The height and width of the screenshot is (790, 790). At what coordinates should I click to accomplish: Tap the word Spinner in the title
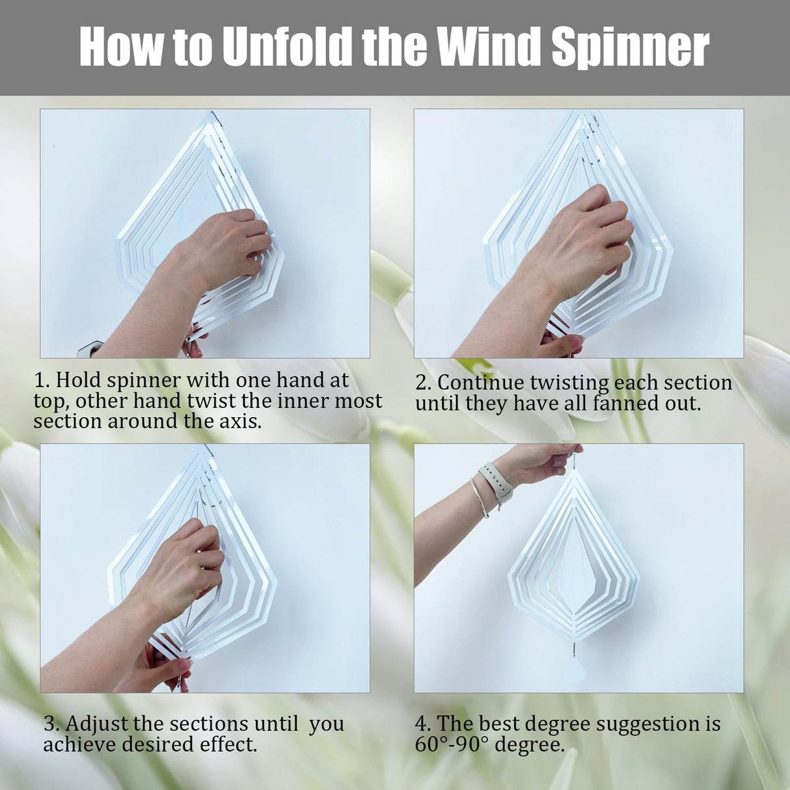[630, 47]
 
